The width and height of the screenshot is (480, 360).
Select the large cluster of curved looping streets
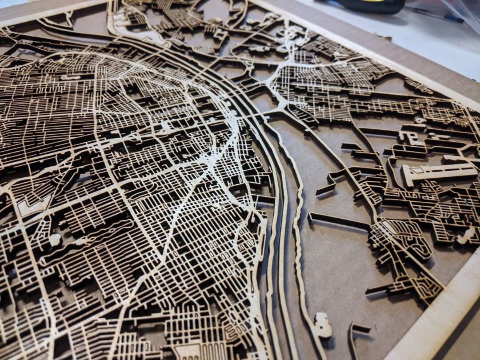click(400, 240)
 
